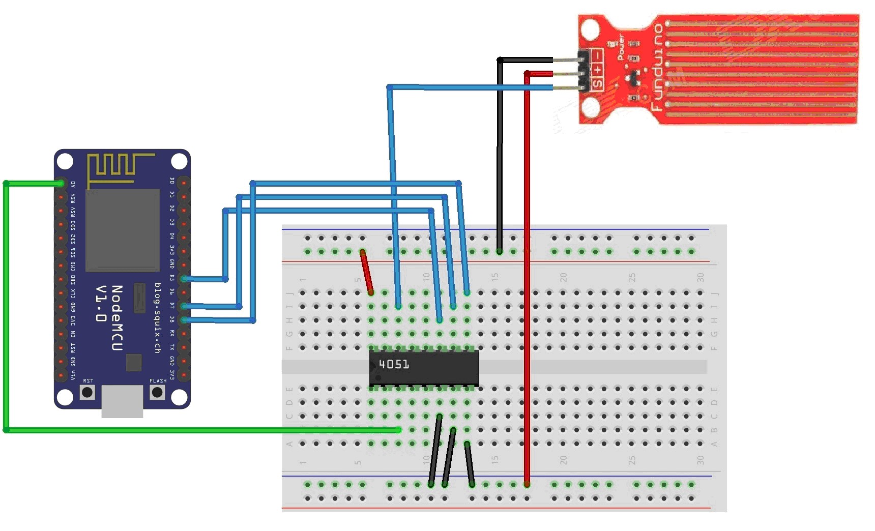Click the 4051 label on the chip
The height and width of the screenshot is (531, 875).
point(394,364)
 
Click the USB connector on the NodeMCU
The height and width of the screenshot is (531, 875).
point(122,401)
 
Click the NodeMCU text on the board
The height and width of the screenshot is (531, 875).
point(117,318)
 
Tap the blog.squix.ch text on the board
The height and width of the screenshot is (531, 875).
point(158,318)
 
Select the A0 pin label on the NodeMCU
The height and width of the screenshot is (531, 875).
point(73,184)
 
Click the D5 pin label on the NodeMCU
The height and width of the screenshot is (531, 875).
point(172,278)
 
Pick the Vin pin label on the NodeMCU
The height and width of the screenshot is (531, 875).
point(73,375)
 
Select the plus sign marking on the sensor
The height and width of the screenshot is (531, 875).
point(597,69)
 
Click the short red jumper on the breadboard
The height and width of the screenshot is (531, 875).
point(366,272)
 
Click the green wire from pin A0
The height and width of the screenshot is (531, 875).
point(6,305)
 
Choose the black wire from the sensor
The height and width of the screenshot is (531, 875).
point(500,153)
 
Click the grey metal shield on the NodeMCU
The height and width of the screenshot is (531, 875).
point(122,230)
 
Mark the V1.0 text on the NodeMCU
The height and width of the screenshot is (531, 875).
point(101,304)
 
